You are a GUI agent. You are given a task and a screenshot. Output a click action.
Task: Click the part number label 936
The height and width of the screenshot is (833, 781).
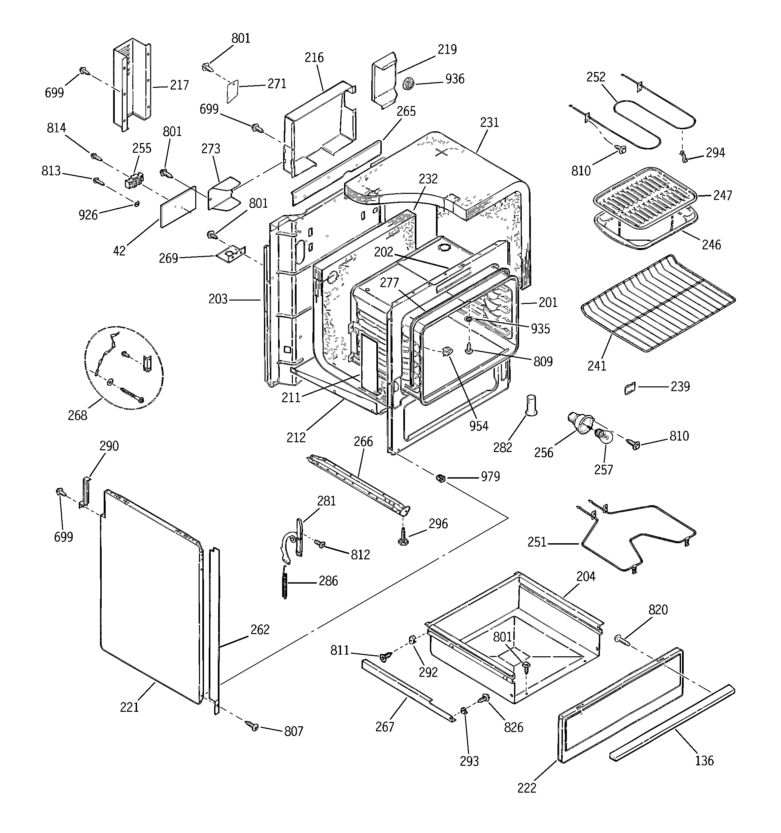point(455,79)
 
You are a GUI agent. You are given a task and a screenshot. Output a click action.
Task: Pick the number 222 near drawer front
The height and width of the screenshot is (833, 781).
point(527,788)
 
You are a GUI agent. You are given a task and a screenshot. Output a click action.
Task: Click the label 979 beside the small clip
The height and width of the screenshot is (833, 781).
point(490,477)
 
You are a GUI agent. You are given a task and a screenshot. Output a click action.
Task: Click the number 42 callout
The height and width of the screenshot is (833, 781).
point(120,250)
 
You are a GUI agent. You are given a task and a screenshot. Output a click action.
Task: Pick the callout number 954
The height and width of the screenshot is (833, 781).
point(479,426)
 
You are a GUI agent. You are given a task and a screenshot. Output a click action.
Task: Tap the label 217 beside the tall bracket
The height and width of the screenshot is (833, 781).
point(179,85)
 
